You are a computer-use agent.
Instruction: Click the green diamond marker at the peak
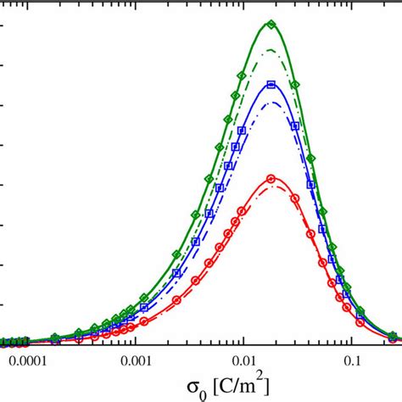(x=271, y=24)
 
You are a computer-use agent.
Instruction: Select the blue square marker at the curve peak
(x=271, y=84)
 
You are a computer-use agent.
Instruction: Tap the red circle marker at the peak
(x=271, y=178)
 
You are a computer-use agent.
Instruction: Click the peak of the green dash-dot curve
(x=271, y=50)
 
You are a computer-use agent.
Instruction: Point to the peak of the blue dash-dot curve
(x=271, y=103)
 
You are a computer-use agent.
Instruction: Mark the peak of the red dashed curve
(x=271, y=186)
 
